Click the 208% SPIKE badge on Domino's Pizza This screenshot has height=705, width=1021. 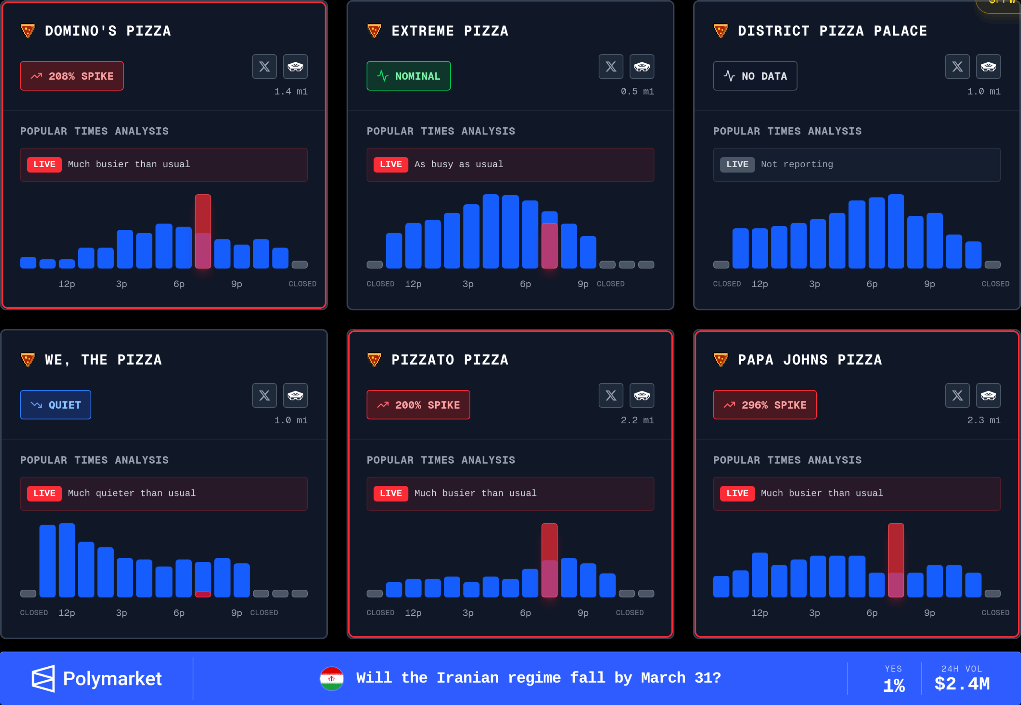click(x=71, y=76)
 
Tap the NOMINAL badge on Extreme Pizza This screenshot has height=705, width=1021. click(x=408, y=76)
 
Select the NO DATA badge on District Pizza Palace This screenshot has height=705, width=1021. click(x=755, y=76)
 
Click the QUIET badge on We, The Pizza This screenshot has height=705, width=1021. click(x=56, y=405)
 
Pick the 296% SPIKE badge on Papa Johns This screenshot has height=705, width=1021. click(x=765, y=405)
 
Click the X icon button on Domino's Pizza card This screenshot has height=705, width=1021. click(x=264, y=67)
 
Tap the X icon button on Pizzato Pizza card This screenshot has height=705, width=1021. click(x=611, y=395)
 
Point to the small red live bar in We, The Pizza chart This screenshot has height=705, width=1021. click(x=203, y=594)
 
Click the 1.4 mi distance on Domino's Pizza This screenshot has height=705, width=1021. click(x=291, y=91)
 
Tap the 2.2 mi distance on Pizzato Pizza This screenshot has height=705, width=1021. click(x=637, y=420)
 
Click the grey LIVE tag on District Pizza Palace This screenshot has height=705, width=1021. click(x=737, y=164)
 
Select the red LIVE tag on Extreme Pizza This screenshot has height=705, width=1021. click(x=391, y=164)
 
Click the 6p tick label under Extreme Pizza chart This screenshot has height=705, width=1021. click(x=525, y=284)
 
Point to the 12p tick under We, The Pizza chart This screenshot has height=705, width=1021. click(x=67, y=613)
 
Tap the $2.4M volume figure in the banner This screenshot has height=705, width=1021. click(x=962, y=684)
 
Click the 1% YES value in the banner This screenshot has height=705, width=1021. click(x=893, y=685)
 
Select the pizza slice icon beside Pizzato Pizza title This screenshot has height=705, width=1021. click(x=374, y=359)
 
